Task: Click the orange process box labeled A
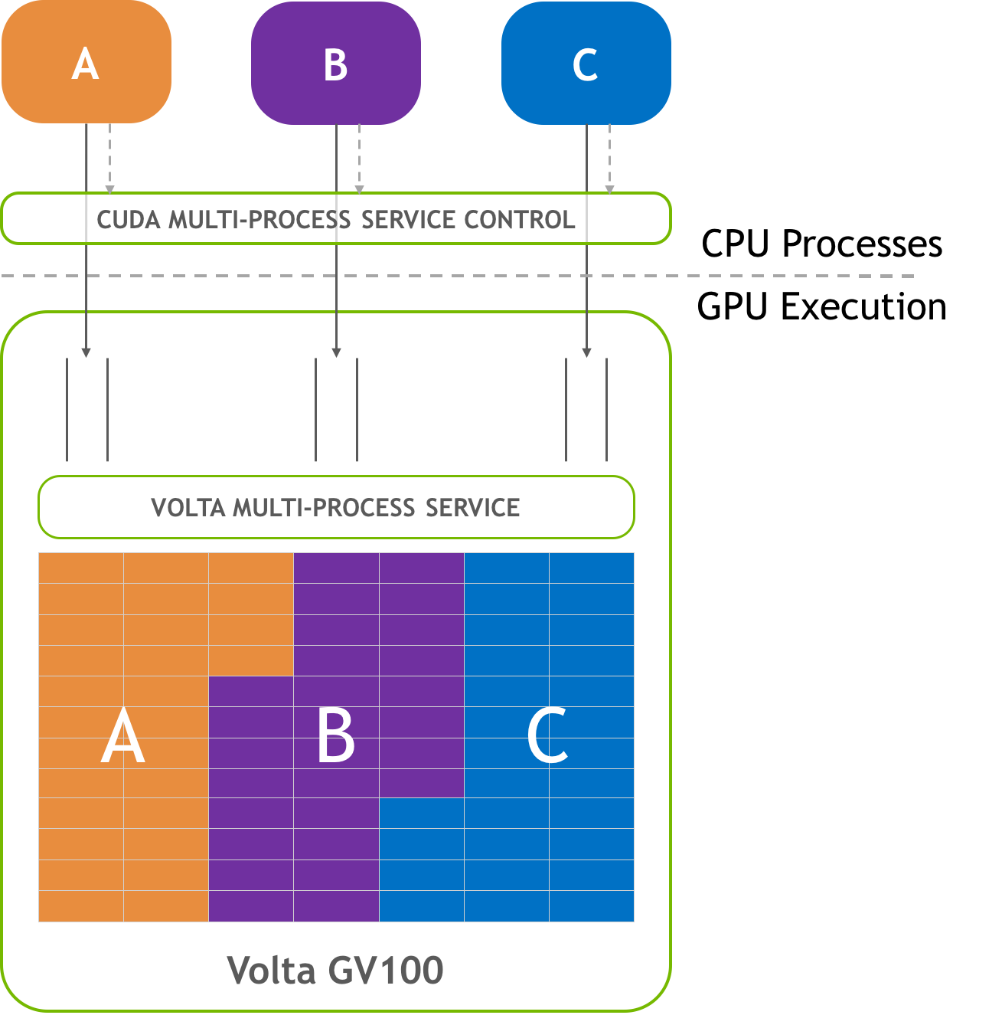coord(86,63)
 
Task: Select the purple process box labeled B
coord(336,64)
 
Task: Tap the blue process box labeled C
coord(586,64)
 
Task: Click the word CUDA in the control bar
coord(129,220)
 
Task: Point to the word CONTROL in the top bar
coord(519,220)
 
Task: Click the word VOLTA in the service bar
coord(188,508)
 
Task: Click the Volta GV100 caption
coord(335,970)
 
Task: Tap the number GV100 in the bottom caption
coord(386,970)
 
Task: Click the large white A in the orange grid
coord(122,737)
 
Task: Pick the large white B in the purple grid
coord(336,737)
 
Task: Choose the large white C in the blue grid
coord(547,737)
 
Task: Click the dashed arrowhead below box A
coord(109,188)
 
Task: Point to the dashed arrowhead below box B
coord(359,188)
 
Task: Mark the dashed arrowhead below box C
coord(609,188)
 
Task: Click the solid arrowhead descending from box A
coord(86,352)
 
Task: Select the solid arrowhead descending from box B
coord(336,352)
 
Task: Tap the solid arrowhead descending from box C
coord(586,352)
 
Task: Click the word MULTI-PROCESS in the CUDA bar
coord(259,220)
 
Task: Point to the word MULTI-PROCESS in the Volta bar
coord(324,508)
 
